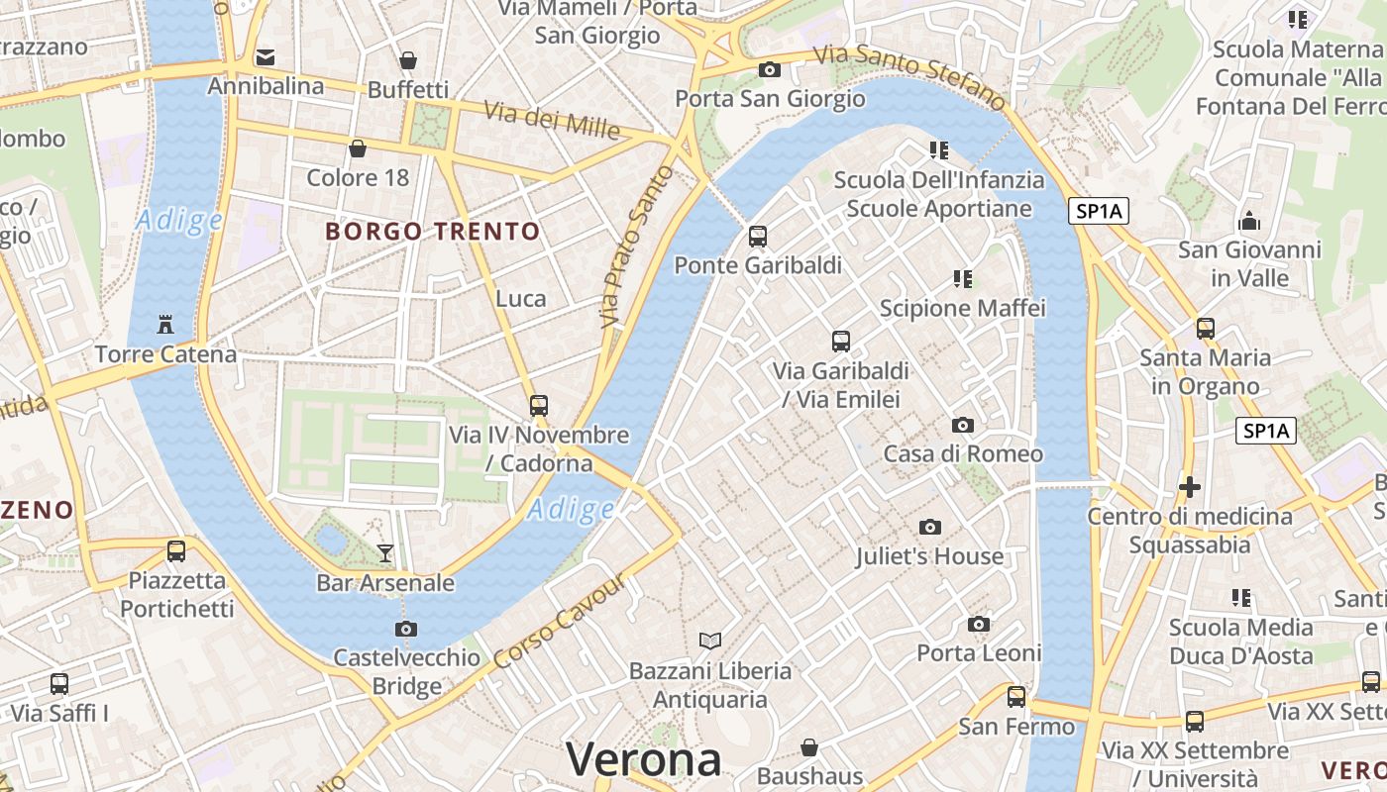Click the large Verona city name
(x=643, y=760)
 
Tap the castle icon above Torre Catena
(x=165, y=324)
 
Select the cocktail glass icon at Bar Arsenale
(x=385, y=552)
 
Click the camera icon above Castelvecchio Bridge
(x=405, y=629)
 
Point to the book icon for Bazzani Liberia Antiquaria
(x=710, y=641)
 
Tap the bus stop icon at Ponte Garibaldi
(x=758, y=236)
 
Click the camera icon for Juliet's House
(x=929, y=527)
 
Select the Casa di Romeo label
(x=963, y=454)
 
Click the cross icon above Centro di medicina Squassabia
(x=1190, y=487)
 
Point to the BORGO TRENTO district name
(x=433, y=232)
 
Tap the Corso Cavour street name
(x=560, y=621)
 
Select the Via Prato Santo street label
(x=635, y=247)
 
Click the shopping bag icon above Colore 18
(x=358, y=148)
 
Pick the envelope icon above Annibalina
(x=266, y=56)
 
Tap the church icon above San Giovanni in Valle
(x=1249, y=220)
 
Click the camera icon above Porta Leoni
(x=979, y=624)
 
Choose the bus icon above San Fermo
(x=1016, y=696)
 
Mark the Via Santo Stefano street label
(x=908, y=76)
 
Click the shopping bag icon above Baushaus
(x=809, y=746)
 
